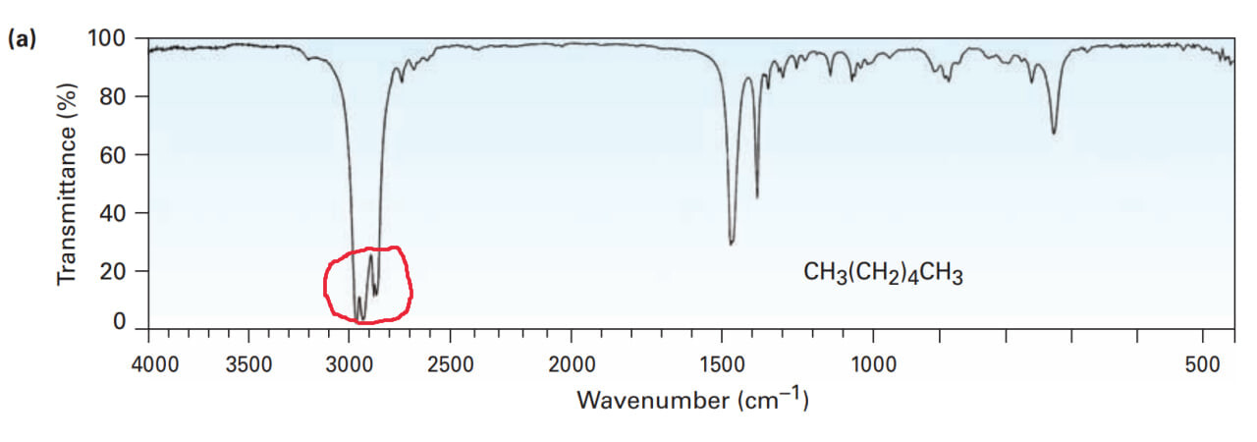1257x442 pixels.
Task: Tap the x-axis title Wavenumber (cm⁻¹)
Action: point(692,401)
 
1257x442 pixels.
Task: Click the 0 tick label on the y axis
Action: point(119,322)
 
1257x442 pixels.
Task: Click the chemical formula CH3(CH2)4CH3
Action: point(883,274)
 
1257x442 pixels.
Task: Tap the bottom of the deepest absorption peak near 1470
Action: point(732,244)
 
